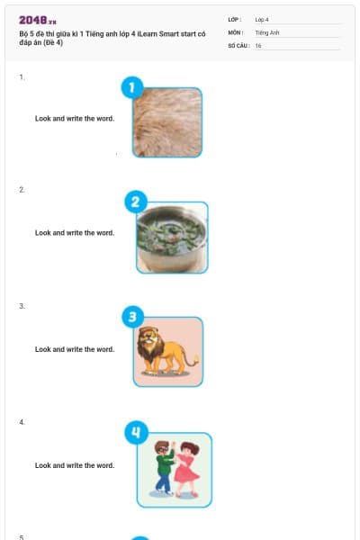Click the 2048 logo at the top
[x=37, y=20]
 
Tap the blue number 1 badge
[x=131, y=87]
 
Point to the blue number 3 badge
[x=132, y=317]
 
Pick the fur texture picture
[x=167, y=122]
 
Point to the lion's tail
[x=193, y=360]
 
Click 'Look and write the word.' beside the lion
[x=75, y=349]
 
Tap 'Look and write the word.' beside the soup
[x=75, y=233]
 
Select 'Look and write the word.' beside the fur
[x=75, y=119]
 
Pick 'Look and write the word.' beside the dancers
[x=75, y=465]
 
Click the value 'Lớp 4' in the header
[x=262, y=19]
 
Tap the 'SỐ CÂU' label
[x=238, y=45]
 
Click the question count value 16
[x=258, y=45]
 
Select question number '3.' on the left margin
[x=22, y=306]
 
